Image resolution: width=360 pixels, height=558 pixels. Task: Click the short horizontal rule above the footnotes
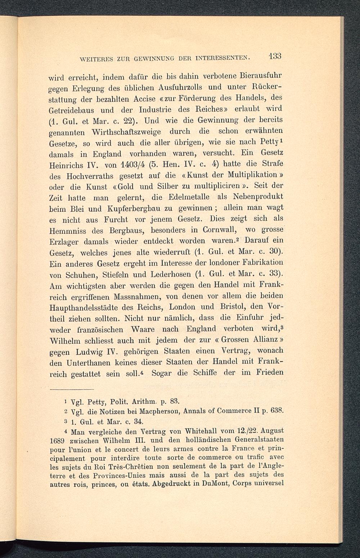click(x=71, y=389)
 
